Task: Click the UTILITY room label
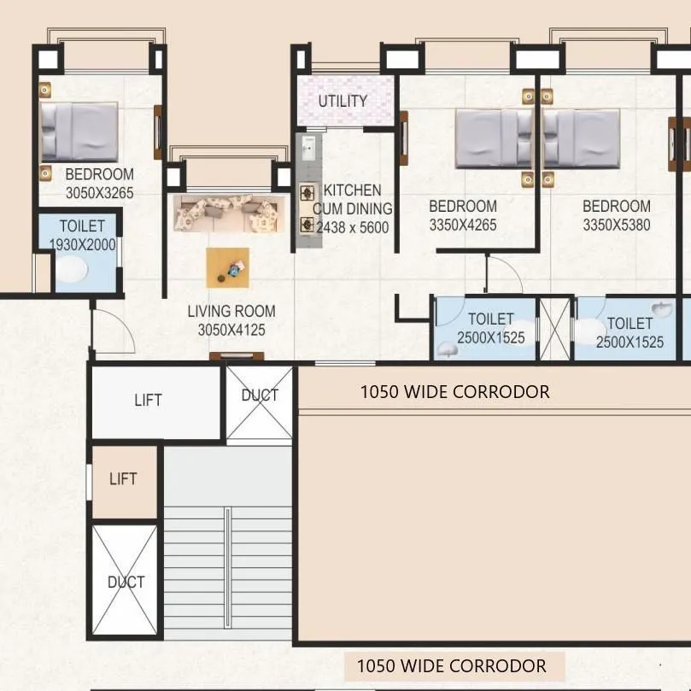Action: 343,101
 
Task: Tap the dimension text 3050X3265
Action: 99,193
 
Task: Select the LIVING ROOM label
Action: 231,312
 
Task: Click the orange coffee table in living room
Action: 228,267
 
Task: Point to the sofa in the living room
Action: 229,214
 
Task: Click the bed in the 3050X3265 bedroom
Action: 79,132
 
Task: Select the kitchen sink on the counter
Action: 307,150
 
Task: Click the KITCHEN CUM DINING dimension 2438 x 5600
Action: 352,228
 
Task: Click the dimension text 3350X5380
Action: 616,225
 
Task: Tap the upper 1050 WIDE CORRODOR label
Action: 454,392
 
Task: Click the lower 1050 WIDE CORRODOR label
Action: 451,665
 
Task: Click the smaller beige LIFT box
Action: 124,480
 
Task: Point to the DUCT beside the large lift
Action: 260,402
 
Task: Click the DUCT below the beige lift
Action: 125,581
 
